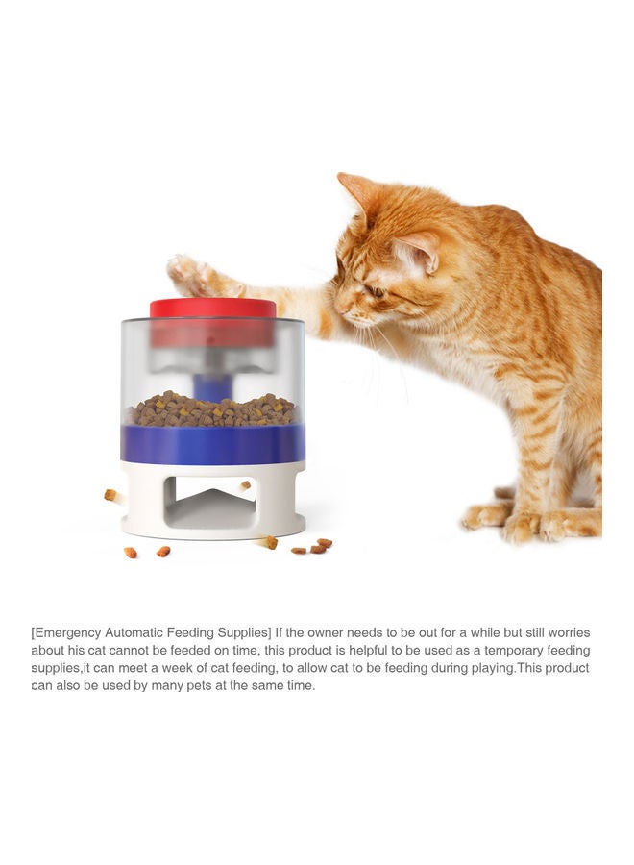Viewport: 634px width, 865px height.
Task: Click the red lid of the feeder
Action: pyautogui.click(x=212, y=309)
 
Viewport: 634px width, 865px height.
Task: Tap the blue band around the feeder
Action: pyautogui.click(x=212, y=444)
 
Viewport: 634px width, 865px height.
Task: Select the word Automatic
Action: pyautogui.click(x=148, y=632)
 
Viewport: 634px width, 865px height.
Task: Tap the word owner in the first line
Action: pyautogui.click(x=329, y=632)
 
